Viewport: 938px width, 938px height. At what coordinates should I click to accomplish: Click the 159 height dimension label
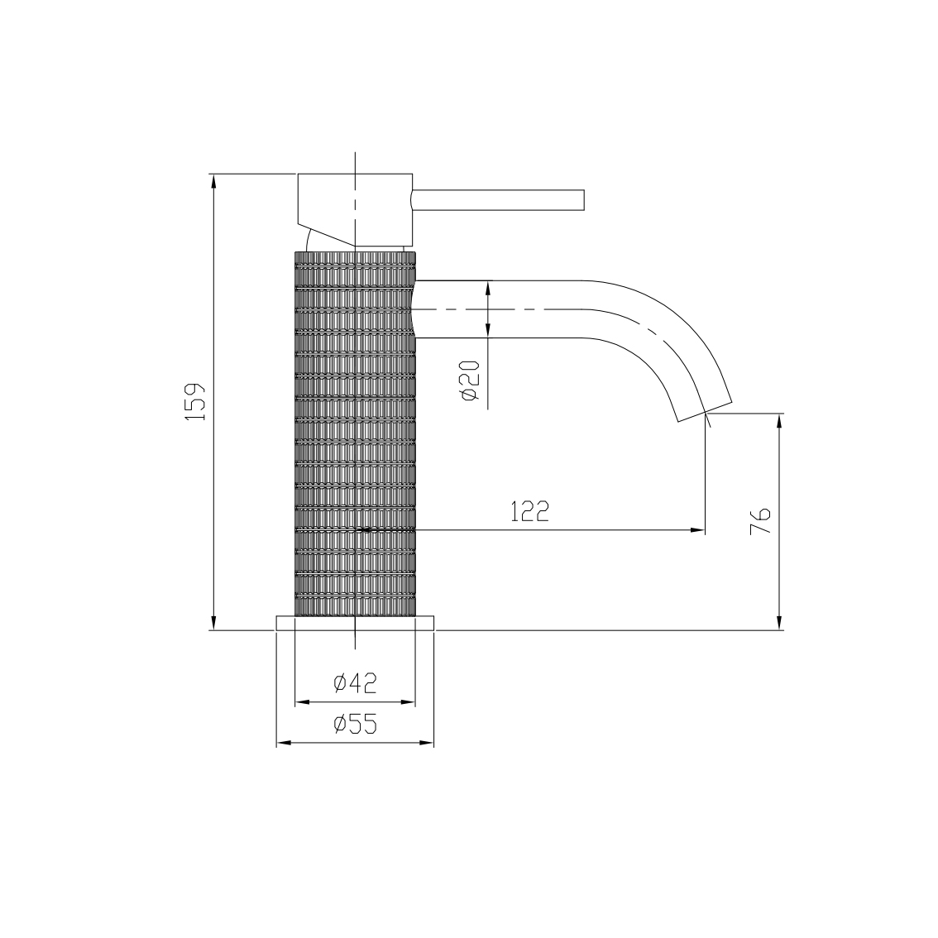click(x=195, y=401)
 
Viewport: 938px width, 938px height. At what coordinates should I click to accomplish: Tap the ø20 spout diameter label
click(x=470, y=380)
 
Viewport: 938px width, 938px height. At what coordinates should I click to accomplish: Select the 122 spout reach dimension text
click(x=529, y=511)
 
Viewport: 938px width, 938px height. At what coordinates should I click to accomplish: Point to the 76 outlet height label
click(x=760, y=521)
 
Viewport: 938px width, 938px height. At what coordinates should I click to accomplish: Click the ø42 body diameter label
click(x=356, y=682)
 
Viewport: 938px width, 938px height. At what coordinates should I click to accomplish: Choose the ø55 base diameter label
click(x=356, y=725)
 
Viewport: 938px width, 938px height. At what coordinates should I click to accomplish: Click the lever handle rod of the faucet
click(x=498, y=200)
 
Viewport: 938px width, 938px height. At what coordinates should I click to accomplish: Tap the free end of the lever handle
click(x=584, y=200)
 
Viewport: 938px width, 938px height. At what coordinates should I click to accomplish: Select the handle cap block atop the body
click(x=356, y=209)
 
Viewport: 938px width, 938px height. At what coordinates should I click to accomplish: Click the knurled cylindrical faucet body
click(x=356, y=433)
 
